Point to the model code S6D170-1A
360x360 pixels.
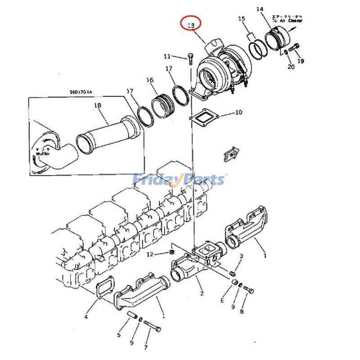pyautogui.click(x=81, y=92)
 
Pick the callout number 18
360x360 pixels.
pyautogui.click(x=98, y=106)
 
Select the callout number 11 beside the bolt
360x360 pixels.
pyautogui.click(x=167, y=57)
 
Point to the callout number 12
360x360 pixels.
pyautogui.click(x=150, y=255)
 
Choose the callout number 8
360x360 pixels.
pyautogui.click(x=242, y=311)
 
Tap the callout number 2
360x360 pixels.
pyautogui.click(x=202, y=293)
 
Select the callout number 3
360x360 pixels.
pyautogui.click(x=241, y=256)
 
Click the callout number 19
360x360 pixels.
pyautogui.click(x=301, y=61)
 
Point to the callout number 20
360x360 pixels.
pyautogui.click(x=291, y=67)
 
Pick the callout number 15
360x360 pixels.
pyautogui.click(x=242, y=18)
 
